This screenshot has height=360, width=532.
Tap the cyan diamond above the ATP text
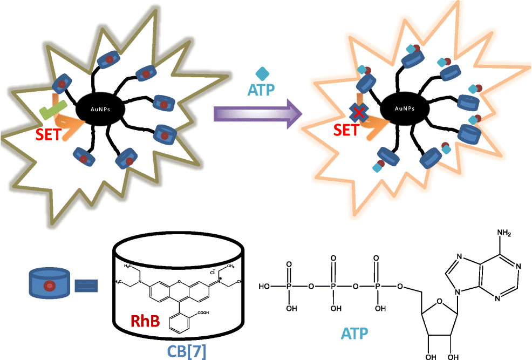262,73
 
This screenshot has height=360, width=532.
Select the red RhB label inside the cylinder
145,322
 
